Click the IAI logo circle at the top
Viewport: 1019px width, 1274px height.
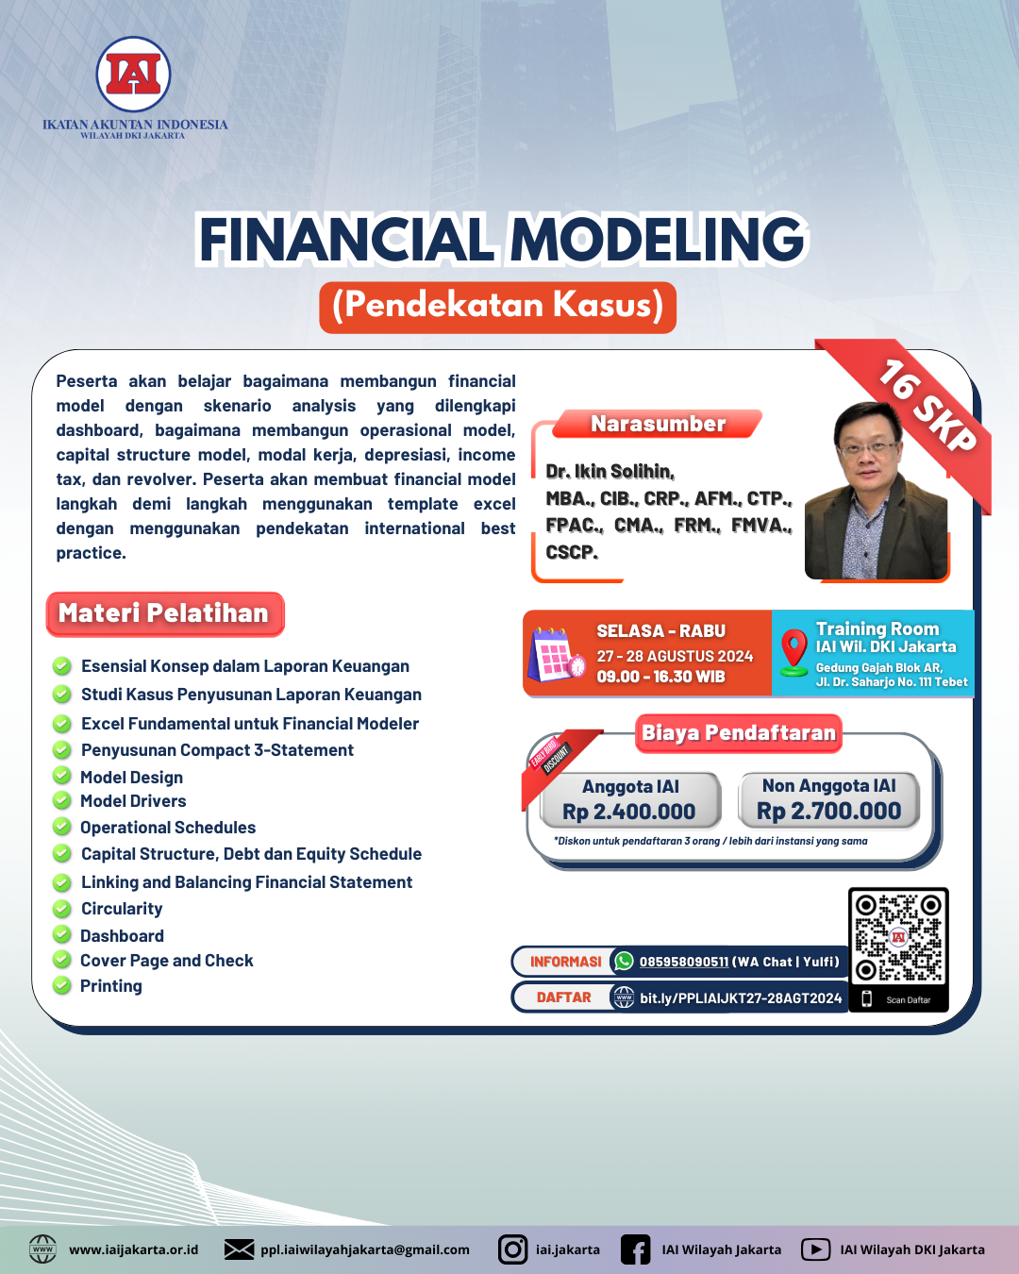[133, 75]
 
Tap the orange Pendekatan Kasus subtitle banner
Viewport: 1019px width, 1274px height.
[497, 307]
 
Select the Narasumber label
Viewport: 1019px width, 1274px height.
[658, 424]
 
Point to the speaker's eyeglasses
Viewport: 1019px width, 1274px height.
[868, 449]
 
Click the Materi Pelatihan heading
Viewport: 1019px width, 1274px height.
[164, 613]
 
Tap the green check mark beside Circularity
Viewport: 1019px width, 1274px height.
[62, 909]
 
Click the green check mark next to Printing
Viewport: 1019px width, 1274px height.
[62, 985]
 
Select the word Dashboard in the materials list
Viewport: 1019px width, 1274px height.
[122, 936]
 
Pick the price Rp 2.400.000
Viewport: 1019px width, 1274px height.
[629, 812]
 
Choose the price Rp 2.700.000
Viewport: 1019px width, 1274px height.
[829, 811]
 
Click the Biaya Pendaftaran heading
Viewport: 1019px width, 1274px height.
[739, 732]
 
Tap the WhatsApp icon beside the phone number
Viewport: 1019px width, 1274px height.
[624, 962]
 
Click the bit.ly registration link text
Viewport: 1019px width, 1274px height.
[741, 997]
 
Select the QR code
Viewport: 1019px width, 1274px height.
[898, 937]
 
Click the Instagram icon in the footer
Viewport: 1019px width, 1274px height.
[512, 1249]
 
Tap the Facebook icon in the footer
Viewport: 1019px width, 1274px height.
[635, 1249]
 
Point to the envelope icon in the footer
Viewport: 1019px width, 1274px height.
[239, 1249]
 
